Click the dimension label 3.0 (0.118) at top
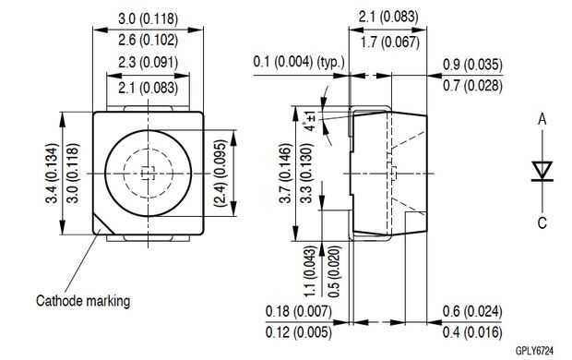tap(148, 18)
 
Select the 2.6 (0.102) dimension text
tap(148, 40)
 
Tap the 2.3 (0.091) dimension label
tap(148, 63)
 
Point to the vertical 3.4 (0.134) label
tap(52, 174)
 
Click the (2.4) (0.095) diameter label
tap(220, 174)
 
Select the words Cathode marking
tap(83, 301)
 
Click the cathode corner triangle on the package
tap(101, 224)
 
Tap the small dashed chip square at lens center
tap(149, 173)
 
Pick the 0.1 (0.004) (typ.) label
tap(299, 61)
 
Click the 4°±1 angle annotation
tap(311, 121)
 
